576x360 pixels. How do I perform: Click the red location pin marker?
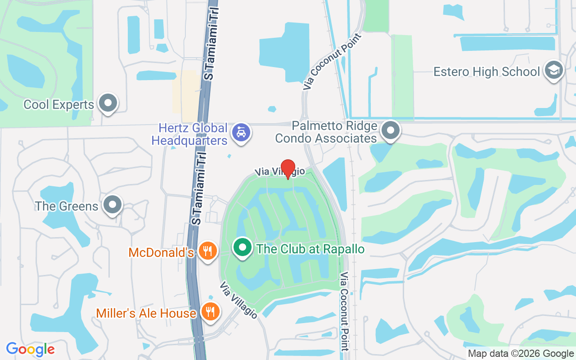click(x=288, y=168)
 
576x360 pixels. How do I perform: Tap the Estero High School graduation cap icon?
click(x=553, y=70)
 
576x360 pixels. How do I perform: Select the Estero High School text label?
click(x=486, y=72)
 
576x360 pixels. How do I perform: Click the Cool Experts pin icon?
click(x=108, y=103)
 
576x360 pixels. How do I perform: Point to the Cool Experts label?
click(x=58, y=105)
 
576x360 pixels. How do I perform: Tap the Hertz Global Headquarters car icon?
click(x=241, y=132)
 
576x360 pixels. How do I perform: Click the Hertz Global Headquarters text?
click(x=189, y=134)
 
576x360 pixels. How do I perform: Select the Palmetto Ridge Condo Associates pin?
click(x=390, y=130)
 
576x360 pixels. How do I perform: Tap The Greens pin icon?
click(x=112, y=205)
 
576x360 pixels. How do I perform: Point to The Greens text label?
click(x=67, y=207)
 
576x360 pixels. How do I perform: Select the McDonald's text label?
click(x=161, y=252)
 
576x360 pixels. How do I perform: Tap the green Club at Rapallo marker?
click(x=243, y=247)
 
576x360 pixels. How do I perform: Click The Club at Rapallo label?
click(x=310, y=249)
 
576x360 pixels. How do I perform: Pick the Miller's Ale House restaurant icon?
click(x=209, y=311)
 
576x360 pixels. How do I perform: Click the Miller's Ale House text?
click(x=146, y=313)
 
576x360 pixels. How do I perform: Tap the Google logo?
click(x=30, y=349)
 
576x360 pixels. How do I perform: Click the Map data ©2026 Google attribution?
click(x=521, y=354)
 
